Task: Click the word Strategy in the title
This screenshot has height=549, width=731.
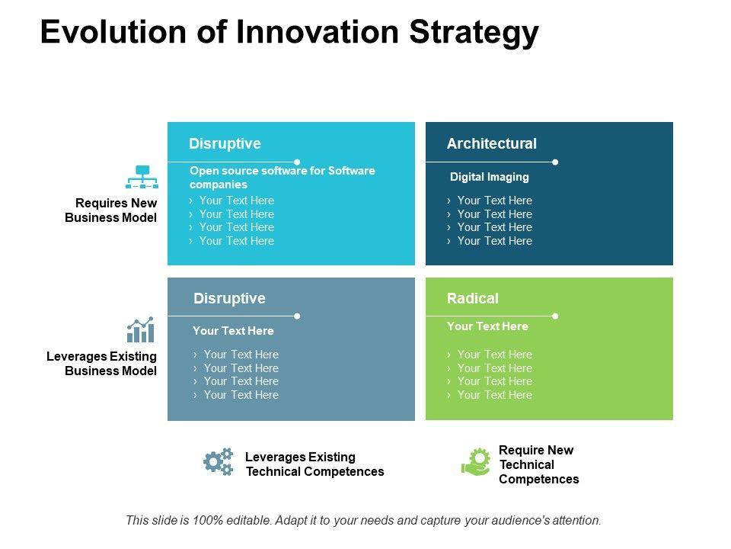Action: pyautogui.click(x=474, y=34)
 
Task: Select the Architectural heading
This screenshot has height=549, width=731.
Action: pyautogui.click(x=492, y=143)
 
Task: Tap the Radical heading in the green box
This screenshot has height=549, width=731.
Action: pyautogui.click(x=473, y=298)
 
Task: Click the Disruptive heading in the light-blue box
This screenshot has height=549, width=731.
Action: pyautogui.click(x=225, y=144)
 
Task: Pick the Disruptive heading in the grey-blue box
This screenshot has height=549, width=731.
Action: pyautogui.click(x=229, y=299)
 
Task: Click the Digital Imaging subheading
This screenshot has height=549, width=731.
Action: pyautogui.click(x=490, y=177)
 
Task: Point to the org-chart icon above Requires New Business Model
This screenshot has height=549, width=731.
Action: pyautogui.click(x=142, y=177)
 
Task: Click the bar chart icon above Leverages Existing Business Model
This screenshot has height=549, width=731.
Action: pyautogui.click(x=140, y=329)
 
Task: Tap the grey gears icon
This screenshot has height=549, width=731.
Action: pyautogui.click(x=219, y=462)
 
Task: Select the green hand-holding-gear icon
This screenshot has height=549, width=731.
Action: pyautogui.click(x=476, y=462)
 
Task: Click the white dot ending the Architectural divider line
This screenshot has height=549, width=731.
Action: pyautogui.click(x=555, y=162)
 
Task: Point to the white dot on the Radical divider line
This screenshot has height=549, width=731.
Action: pyautogui.click(x=555, y=316)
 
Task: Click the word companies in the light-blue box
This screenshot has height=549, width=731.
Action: pyautogui.click(x=219, y=185)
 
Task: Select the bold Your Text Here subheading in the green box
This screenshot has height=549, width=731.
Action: pyautogui.click(x=487, y=326)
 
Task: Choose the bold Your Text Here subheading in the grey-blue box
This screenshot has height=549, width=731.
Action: pyautogui.click(x=233, y=331)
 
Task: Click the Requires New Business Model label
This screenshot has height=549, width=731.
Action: pyautogui.click(x=111, y=210)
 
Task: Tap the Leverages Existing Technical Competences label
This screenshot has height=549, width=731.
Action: pyautogui.click(x=314, y=464)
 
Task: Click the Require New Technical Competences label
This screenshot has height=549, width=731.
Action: pyautogui.click(x=539, y=464)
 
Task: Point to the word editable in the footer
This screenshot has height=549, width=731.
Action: pyautogui.click(x=247, y=520)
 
